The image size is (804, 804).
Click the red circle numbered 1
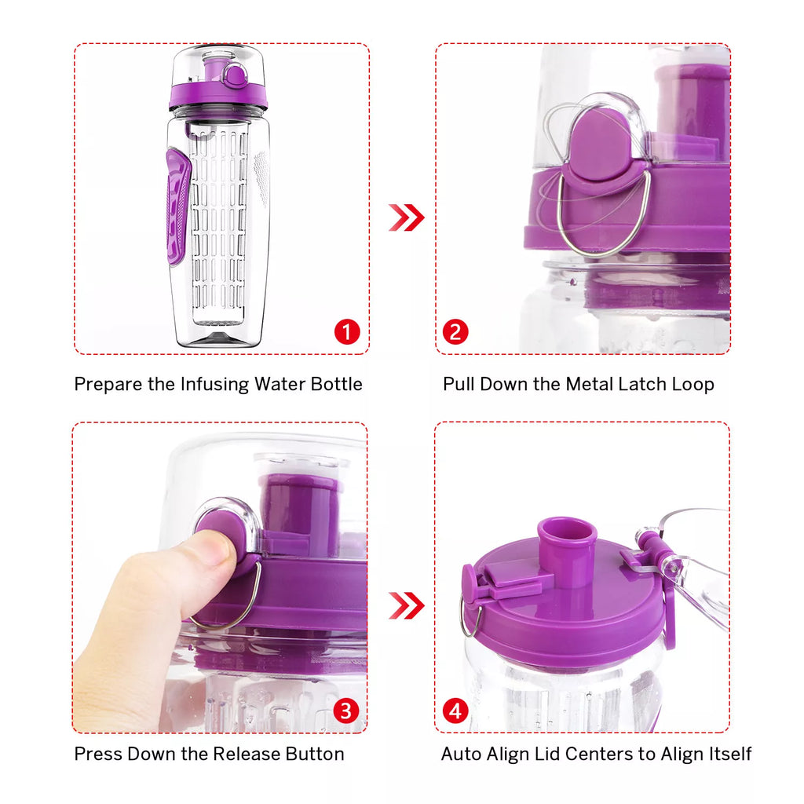pyautogui.click(x=346, y=332)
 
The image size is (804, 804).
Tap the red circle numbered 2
pyautogui.click(x=455, y=332)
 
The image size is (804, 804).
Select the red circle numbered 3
pyautogui.click(x=345, y=711)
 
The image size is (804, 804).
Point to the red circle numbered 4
pyautogui.click(x=455, y=711)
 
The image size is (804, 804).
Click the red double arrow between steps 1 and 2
pyautogui.click(x=406, y=217)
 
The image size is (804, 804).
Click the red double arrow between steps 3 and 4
pyautogui.click(x=406, y=605)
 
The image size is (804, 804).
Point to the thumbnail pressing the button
pyautogui.click(x=213, y=547)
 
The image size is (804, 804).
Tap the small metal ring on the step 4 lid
pyautogui.click(x=469, y=620)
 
